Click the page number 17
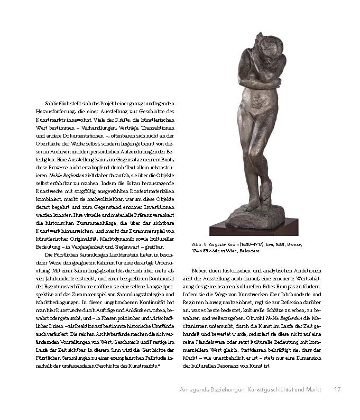pos(337,390)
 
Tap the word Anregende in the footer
pos(195,390)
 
